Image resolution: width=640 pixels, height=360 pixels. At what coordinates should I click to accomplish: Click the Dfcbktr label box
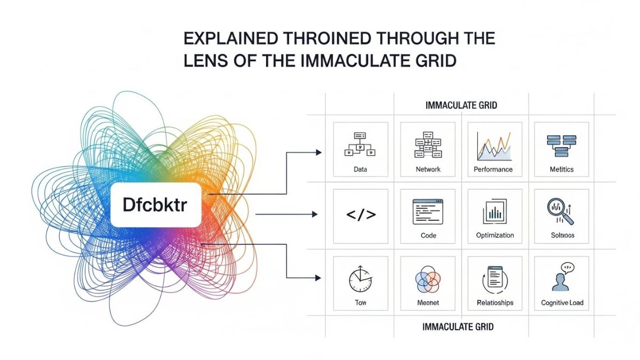(x=156, y=206)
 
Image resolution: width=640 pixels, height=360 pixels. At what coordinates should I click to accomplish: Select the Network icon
(x=428, y=144)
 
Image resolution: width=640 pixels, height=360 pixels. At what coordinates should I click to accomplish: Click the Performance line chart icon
(x=494, y=145)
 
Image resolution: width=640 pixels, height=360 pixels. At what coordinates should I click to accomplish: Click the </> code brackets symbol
(x=361, y=215)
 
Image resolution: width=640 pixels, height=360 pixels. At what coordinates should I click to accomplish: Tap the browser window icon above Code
(x=428, y=212)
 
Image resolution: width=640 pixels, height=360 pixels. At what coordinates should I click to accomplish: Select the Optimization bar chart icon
(x=494, y=212)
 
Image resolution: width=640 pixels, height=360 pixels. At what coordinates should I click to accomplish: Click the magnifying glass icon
(x=560, y=212)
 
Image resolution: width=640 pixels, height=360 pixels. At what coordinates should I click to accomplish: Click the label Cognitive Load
(x=562, y=302)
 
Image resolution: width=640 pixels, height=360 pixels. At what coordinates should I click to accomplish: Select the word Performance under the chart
(x=493, y=169)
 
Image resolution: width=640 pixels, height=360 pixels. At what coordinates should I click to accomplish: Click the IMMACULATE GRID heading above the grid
(x=461, y=106)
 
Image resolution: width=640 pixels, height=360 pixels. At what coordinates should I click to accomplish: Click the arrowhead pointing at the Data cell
(x=319, y=153)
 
